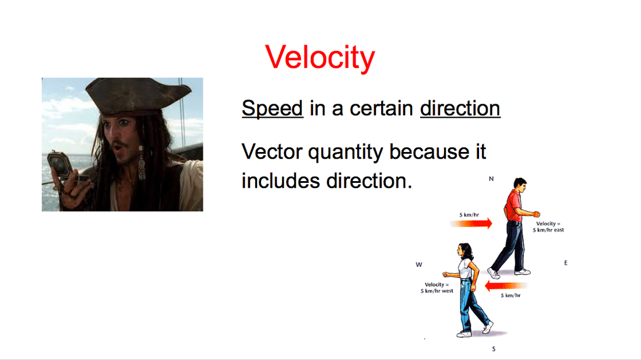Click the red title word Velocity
pyautogui.click(x=320, y=58)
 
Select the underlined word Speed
pyautogui.click(x=272, y=109)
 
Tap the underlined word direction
pyautogui.click(x=460, y=108)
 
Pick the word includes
pyautogui.click(x=280, y=181)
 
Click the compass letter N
pyautogui.click(x=491, y=179)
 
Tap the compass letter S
pyautogui.click(x=494, y=349)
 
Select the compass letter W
pyautogui.click(x=418, y=264)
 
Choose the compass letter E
pyautogui.click(x=566, y=263)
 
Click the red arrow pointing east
pyautogui.click(x=471, y=223)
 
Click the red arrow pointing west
pyautogui.click(x=506, y=285)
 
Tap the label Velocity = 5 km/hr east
pyautogui.click(x=548, y=227)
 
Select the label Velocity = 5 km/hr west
pyautogui.click(x=437, y=288)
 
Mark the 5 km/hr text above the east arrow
pyautogui.click(x=469, y=214)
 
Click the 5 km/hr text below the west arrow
pyautogui.click(x=510, y=295)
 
